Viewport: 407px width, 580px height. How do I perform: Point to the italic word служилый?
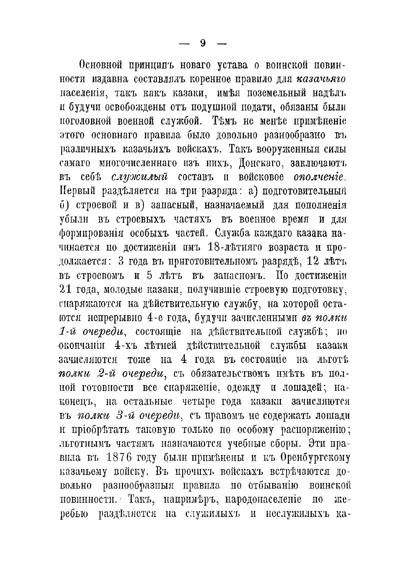point(139,177)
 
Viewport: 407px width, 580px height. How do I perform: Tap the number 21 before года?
point(65,289)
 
